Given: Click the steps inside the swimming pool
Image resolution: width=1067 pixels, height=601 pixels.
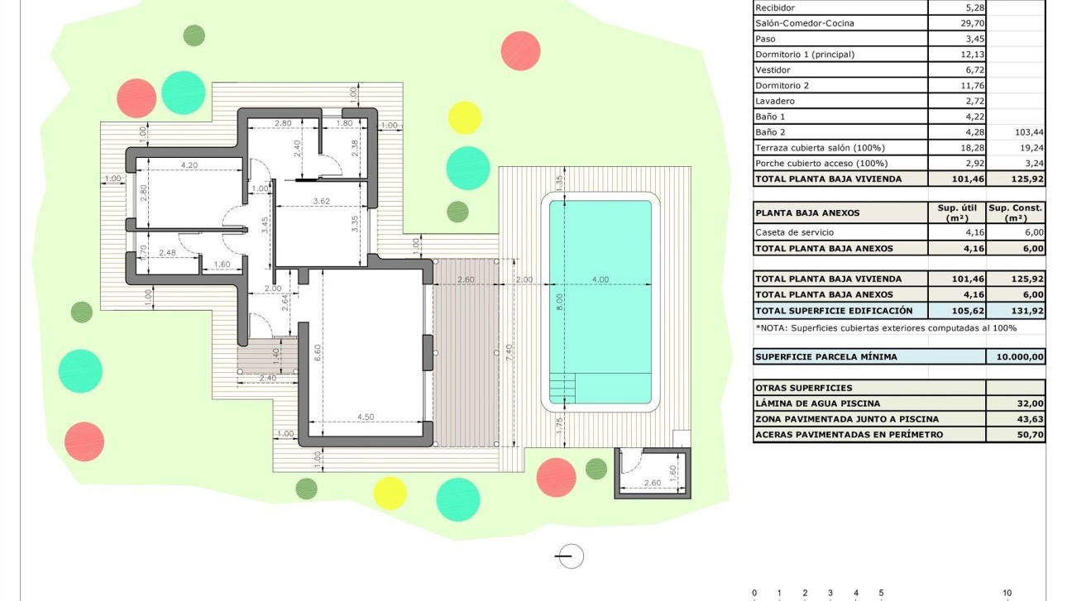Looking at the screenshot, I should coord(562,385).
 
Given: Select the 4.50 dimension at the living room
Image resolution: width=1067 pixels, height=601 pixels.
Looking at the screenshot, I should coord(365,417).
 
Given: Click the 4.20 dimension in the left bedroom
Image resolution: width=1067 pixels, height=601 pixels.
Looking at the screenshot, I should coord(189,165).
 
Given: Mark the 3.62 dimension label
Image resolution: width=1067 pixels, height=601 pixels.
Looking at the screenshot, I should coord(322,201).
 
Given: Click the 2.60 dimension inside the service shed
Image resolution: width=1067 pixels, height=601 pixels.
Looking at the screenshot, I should coord(651,482).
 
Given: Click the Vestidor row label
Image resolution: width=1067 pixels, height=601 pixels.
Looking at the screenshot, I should coord(773,70).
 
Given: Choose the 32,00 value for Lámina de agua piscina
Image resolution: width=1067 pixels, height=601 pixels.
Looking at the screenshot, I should coord(1030,403).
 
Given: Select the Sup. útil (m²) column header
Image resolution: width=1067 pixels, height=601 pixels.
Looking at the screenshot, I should coord(957,212).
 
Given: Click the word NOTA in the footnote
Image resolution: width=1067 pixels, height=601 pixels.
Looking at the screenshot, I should coord(773,328).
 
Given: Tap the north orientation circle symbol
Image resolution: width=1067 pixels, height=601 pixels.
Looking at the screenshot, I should coord(570,556).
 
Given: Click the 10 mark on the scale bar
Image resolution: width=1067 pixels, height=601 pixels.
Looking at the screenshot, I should coord(1007,593).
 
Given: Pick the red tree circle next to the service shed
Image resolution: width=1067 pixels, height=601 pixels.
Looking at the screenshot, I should coord(556,477).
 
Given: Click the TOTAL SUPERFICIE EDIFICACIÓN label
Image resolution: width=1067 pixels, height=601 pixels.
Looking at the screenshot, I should coord(834,311).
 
